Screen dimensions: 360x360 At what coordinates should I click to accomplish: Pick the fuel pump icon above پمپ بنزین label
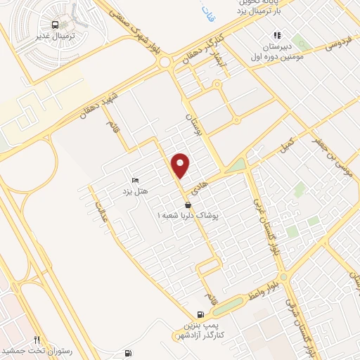click(x=202, y=314)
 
